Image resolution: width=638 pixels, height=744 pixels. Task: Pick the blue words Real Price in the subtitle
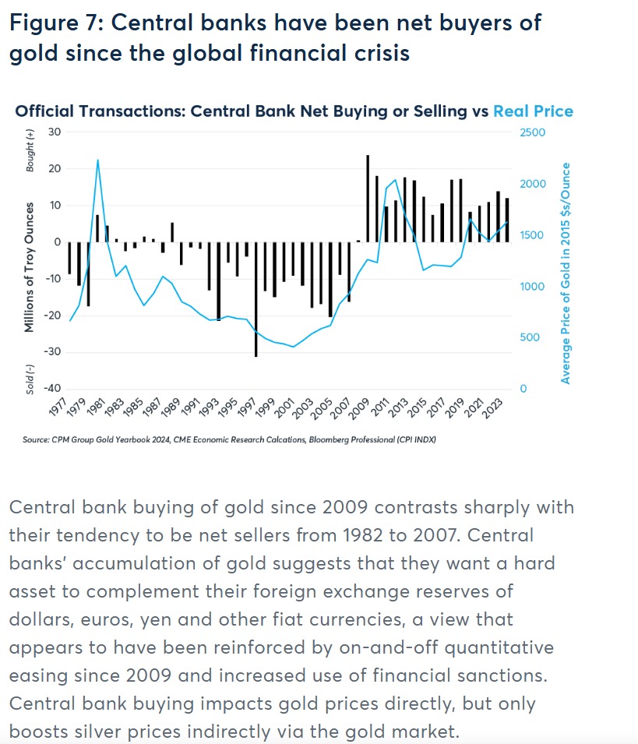click(533, 111)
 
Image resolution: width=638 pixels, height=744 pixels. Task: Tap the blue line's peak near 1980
click(97, 160)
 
